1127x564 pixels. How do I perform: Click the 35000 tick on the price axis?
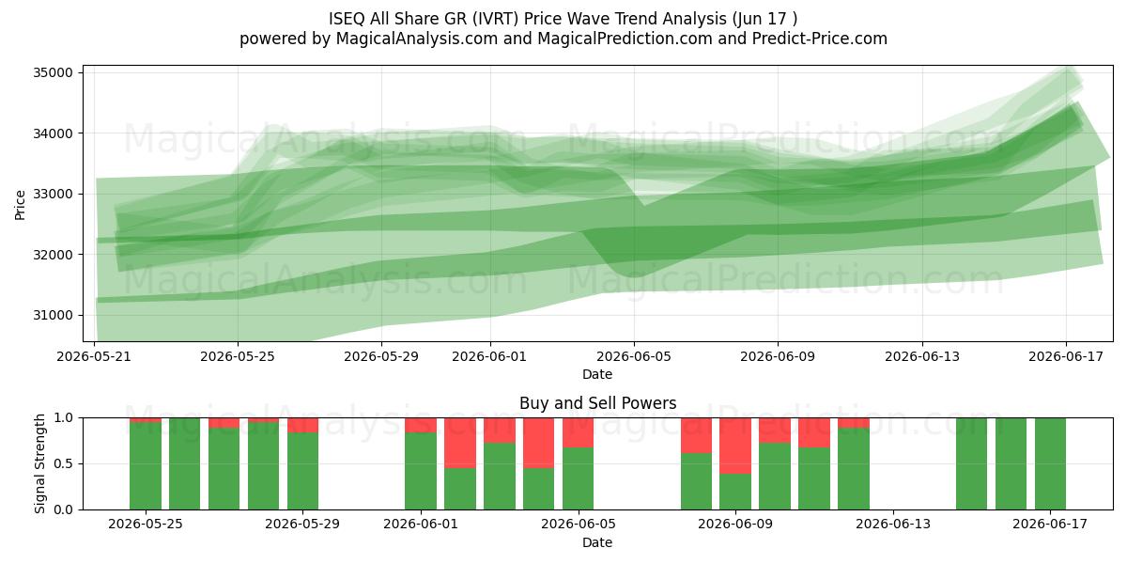53,72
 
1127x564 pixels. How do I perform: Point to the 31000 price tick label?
53,315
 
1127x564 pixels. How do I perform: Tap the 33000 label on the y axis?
53,194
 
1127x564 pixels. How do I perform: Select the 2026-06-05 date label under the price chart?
634,356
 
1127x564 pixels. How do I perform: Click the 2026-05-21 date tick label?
94,356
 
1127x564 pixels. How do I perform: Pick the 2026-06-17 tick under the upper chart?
1066,356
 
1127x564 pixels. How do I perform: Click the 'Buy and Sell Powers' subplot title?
597,403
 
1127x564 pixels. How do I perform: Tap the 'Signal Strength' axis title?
39,463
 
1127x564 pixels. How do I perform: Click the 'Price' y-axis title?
20,205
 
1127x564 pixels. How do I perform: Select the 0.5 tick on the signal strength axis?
63,463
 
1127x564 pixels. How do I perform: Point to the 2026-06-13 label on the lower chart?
893,525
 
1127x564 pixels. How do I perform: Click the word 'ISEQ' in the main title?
347,19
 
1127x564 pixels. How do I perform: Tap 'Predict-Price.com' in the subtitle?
820,39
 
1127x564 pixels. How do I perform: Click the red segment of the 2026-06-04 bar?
538,443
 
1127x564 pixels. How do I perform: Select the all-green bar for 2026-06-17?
1050,463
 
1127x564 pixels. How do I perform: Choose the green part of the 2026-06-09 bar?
735,492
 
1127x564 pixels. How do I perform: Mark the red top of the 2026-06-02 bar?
460,443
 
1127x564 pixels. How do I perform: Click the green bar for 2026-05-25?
146,466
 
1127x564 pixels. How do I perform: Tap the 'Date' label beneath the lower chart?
597,543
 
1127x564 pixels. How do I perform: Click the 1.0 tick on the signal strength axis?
63,418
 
